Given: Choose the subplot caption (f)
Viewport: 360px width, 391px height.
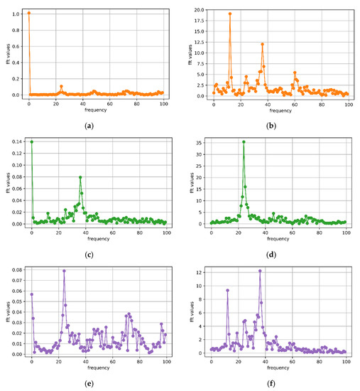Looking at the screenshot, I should [x=270, y=384].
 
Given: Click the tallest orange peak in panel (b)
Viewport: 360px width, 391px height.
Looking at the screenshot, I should [x=230, y=14].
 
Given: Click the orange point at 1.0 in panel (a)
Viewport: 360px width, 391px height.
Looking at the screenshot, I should [x=28, y=13].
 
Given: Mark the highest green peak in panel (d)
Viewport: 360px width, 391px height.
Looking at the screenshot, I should [x=244, y=141].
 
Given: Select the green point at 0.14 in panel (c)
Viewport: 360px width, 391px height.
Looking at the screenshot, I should [x=31, y=141].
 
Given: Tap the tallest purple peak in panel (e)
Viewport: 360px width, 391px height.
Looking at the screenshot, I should [x=64, y=270].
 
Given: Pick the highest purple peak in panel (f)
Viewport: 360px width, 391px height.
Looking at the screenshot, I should [x=261, y=271].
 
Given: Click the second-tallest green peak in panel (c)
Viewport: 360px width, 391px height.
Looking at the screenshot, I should [x=80, y=177].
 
